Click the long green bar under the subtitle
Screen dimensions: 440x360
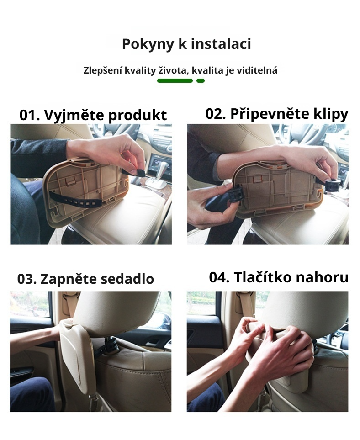click(x=175, y=81)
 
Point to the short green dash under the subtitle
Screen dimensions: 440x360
click(x=200, y=81)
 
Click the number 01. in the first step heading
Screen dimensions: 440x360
click(x=30, y=115)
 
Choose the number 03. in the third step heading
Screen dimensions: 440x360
click(x=27, y=279)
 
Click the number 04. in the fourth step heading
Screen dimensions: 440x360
click(x=219, y=277)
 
